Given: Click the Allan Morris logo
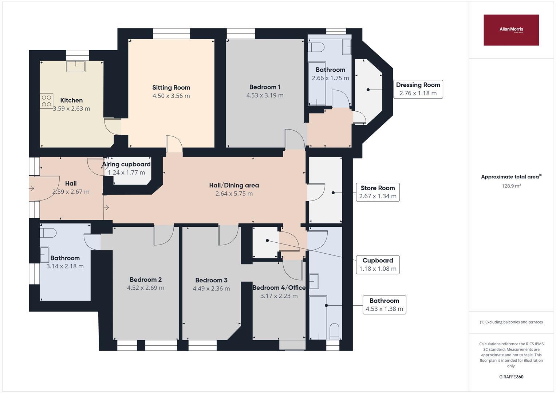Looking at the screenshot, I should tap(511, 30).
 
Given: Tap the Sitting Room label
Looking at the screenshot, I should tap(171, 87).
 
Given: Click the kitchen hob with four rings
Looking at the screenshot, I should tap(46, 101).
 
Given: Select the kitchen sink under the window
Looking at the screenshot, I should tap(76, 66).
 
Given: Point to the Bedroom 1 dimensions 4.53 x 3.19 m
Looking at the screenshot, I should tap(265, 95).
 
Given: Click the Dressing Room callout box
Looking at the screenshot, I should tap(418, 89).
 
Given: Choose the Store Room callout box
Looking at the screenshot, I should tap(378, 192).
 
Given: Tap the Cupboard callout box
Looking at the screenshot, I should tap(378, 265).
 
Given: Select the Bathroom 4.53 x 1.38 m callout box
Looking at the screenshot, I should tap(384, 305).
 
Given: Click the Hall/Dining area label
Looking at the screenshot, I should tap(234, 185).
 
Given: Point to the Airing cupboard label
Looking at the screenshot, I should tap(126, 164).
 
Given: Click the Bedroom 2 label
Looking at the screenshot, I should tap(146, 279).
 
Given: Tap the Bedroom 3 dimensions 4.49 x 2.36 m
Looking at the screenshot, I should tap(211, 289).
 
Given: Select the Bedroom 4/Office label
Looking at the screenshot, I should tap(279, 287).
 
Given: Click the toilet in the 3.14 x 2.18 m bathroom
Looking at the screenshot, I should tap(48, 233).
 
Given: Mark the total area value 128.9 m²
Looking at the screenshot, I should tap(511, 186).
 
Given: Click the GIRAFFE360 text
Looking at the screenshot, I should tap(511, 377).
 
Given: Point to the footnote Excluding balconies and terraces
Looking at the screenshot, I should tap(511, 322).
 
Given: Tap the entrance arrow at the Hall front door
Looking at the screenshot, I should tap(32, 188).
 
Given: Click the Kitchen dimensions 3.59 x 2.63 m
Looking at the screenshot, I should tap(71, 108).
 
